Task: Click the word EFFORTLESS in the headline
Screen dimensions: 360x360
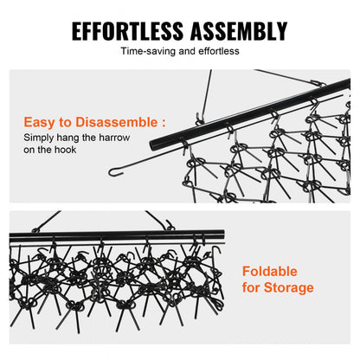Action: coord(127,30)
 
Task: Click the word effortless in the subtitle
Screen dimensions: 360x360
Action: coord(219,51)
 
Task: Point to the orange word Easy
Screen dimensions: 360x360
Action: coord(39,123)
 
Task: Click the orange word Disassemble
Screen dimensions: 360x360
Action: coord(116,122)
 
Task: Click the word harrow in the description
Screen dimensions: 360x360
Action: coord(114,138)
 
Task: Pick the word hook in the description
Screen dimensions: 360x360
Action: coord(66,150)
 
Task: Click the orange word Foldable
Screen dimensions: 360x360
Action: coord(270,272)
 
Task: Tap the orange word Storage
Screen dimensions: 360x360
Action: coord(289,288)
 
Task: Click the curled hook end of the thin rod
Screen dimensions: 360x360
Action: coord(114,172)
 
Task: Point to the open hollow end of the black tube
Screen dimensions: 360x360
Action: coord(153,145)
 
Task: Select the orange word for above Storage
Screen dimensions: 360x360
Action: coord(251,287)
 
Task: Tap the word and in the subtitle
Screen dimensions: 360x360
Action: coord(187,51)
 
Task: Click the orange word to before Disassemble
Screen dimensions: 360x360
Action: coord(66,123)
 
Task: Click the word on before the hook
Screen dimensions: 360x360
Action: coord(29,150)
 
